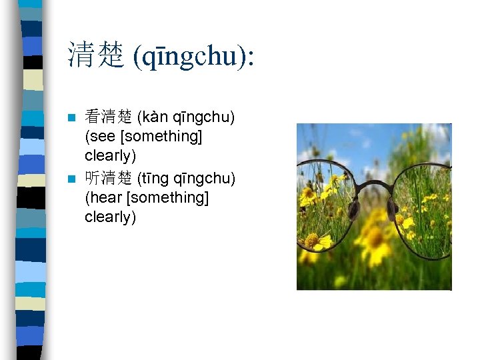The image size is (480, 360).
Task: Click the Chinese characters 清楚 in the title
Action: (x=95, y=55)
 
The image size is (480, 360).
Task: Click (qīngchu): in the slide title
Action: (x=193, y=56)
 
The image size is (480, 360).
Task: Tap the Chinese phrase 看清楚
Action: (x=108, y=117)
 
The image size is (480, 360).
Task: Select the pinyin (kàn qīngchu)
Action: (x=186, y=117)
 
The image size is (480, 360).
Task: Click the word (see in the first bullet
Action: (x=99, y=137)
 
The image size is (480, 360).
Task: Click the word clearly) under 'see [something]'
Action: (x=110, y=156)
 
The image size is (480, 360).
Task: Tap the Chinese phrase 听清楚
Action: (x=108, y=177)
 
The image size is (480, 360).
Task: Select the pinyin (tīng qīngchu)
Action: (x=186, y=177)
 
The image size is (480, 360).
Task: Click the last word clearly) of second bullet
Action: (x=110, y=217)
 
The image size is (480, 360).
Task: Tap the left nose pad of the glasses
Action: (x=354, y=210)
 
